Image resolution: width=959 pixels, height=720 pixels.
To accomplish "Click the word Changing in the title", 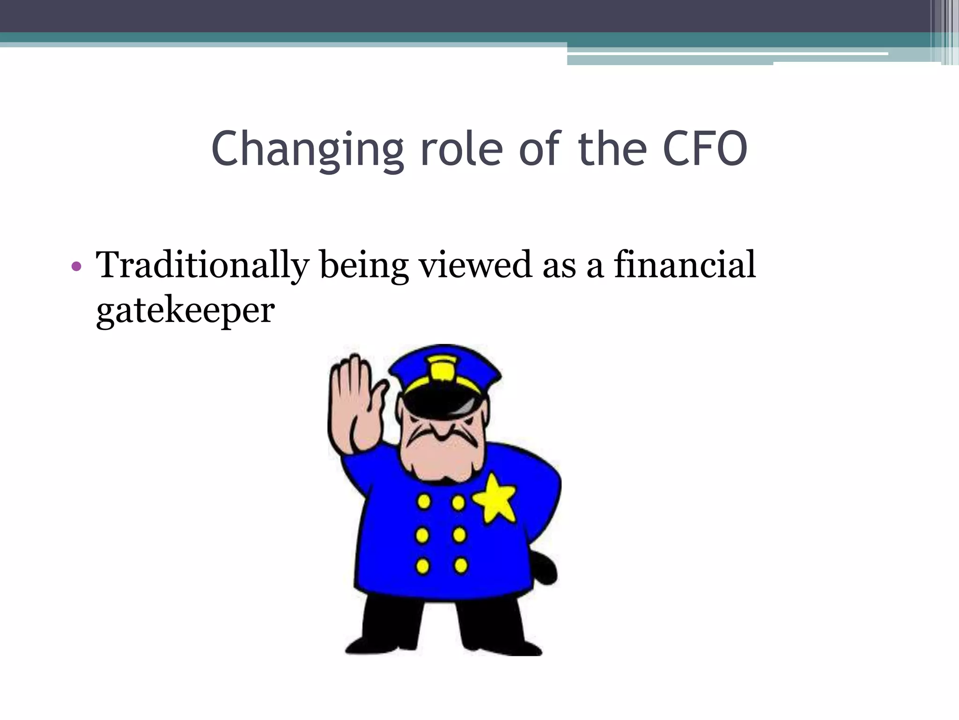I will (307, 149).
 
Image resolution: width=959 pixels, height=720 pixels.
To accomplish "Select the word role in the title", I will (461, 149).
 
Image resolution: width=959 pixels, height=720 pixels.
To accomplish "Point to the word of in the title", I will (539, 149).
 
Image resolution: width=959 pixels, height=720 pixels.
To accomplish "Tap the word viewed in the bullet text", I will (475, 265).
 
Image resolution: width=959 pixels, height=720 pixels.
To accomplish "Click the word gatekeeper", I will (185, 311).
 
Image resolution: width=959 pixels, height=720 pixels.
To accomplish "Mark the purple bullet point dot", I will (76, 267).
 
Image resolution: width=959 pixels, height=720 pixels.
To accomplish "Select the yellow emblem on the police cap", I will (443, 367).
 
